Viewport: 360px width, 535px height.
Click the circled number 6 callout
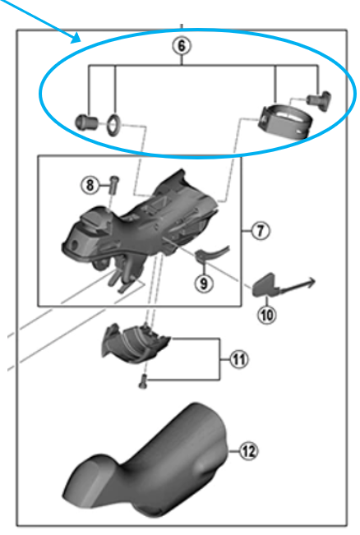[181, 45]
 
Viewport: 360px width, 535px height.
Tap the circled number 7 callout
[261, 231]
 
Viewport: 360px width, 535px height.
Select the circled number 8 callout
[90, 185]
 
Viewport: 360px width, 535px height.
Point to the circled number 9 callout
[204, 283]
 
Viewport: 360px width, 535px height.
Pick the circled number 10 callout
[266, 315]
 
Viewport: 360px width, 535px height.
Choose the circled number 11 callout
[238, 359]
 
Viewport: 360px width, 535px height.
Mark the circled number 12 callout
[248, 451]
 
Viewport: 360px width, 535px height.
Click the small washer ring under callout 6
[113, 125]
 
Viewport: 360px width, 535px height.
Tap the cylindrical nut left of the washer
[86, 122]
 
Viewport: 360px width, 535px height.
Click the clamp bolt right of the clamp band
[320, 100]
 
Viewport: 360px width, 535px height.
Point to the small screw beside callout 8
[113, 185]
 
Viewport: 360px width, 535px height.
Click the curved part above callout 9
[211, 254]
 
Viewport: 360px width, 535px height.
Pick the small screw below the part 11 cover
[142, 381]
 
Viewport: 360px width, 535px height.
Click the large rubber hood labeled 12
[145, 459]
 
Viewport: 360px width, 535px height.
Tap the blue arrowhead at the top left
[76, 38]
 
